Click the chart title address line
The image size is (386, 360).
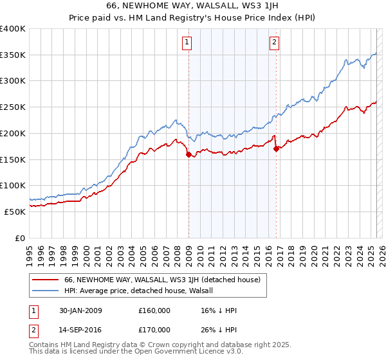192,6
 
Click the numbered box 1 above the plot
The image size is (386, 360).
187,43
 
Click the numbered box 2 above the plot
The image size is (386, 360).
274,43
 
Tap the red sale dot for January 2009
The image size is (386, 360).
188,154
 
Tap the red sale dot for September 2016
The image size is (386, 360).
276,148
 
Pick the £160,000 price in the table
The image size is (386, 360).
154,310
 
